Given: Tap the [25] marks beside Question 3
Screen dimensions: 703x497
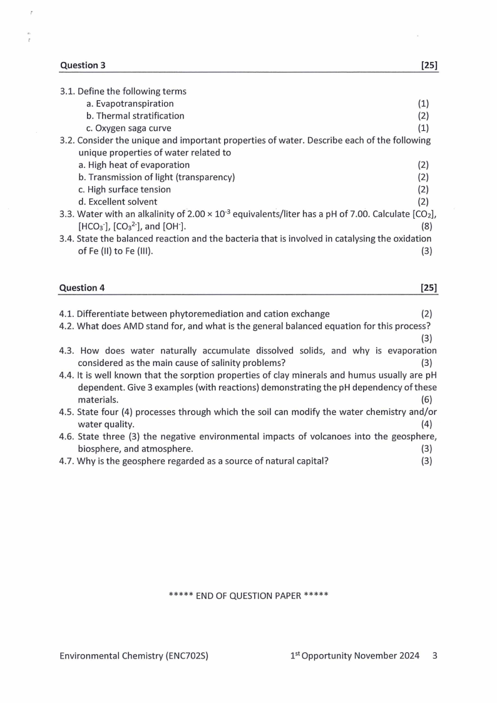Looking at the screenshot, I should [x=429, y=65].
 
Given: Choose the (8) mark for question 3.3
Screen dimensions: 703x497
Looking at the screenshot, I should [x=426, y=226].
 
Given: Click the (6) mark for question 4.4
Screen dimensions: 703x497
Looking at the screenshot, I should [x=426, y=399].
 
